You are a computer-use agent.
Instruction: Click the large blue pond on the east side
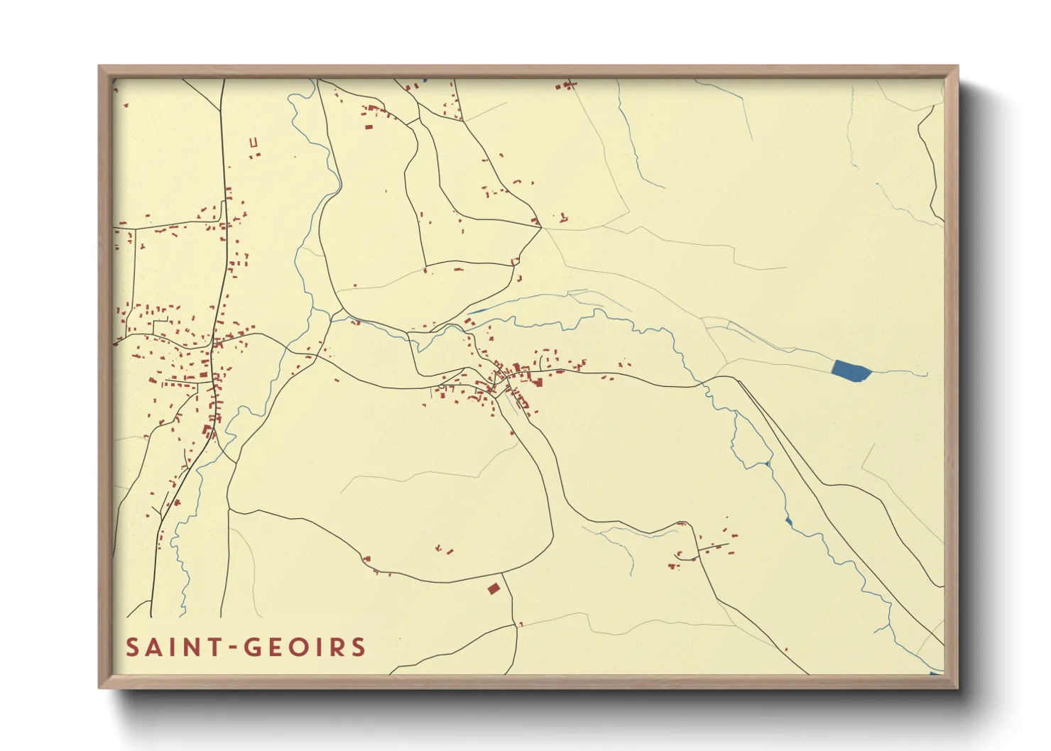click(x=850, y=371)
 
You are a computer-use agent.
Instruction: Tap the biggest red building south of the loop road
click(x=494, y=588)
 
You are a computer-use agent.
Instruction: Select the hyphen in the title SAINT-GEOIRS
click(x=232, y=648)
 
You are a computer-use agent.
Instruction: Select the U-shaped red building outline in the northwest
click(x=254, y=143)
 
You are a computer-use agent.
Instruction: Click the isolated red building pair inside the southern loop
click(x=445, y=549)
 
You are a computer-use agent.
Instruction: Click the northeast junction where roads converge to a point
click(x=540, y=226)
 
